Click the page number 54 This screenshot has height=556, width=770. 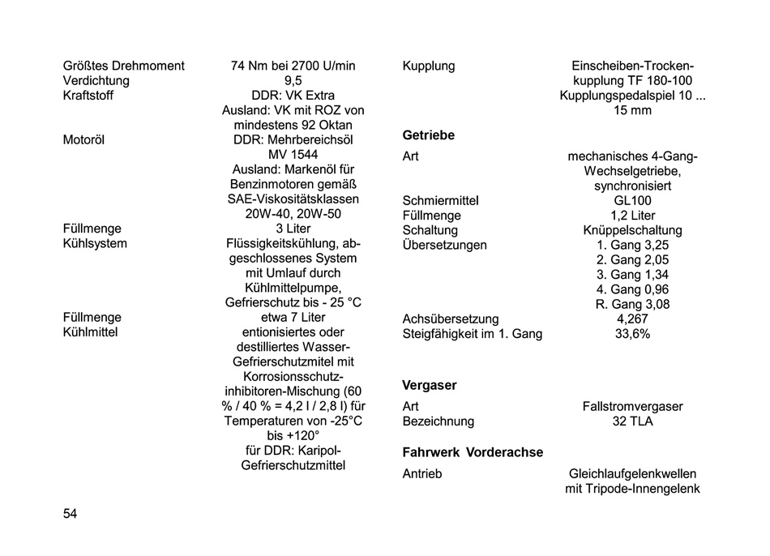click(x=70, y=514)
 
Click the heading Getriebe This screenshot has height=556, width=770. click(x=429, y=135)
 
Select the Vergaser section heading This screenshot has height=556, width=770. click(x=430, y=385)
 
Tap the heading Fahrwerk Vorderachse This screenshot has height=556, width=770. click(x=473, y=452)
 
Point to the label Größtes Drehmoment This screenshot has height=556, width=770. click(x=123, y=66)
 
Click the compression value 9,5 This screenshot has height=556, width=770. click(x=293, y=81)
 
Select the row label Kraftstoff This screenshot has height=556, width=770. click(x=88, y=96)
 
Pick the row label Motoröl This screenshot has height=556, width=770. click(x=83, y=139)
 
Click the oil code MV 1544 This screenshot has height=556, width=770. click(x=293, y=154)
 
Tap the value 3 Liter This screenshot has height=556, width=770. click(x=293, y=229)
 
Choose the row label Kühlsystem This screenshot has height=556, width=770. click(x=95, y=243)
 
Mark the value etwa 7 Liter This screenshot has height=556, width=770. click(x=293, y=317)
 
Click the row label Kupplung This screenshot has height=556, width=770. click(x=429, y=66)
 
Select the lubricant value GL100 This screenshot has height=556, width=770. click(x=632, y=200)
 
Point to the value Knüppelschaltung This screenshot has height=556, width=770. click(x=632, y=230)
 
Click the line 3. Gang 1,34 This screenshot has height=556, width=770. click(x=632, y=275)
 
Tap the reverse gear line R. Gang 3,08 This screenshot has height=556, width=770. click(x=632, y=305)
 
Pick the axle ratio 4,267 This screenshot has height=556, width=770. click(x=632, y=319)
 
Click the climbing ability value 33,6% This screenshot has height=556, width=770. click(x=632, y=334)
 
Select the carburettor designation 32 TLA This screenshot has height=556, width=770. click(x=632, y=421)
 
